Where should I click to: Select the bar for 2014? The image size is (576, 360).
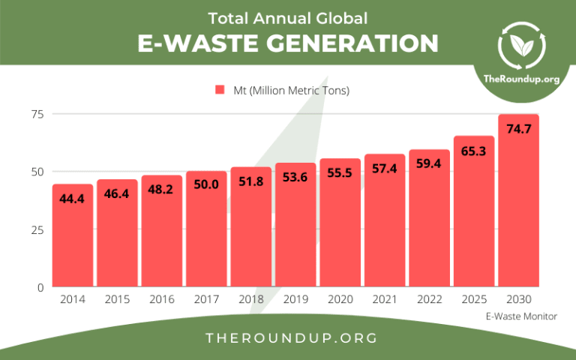click(73, 235)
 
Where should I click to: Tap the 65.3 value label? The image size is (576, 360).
click(474, 151)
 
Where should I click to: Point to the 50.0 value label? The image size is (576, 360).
click(206, 184)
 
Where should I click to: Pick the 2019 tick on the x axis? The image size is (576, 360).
click(295, 298)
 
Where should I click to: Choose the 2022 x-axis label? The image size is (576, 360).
click(429, 298)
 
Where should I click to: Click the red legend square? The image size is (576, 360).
click(220, 90)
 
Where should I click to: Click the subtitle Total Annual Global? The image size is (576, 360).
click(288, 17)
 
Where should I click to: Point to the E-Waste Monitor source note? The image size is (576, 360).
click(522, 316)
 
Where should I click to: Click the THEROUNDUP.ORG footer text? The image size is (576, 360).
click(288, 338)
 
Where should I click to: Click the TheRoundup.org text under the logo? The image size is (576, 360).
click(522, 79)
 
